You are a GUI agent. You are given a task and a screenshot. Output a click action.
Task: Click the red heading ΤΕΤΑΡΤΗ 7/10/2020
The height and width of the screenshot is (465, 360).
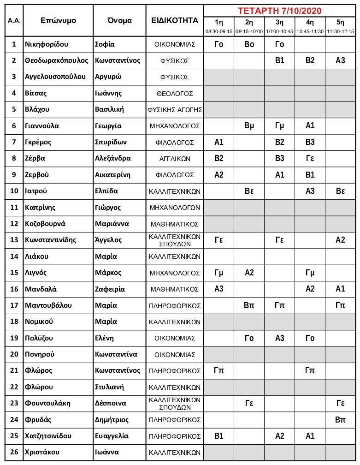(279, 11)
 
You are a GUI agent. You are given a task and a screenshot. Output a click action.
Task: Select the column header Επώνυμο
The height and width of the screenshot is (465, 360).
(58, 20)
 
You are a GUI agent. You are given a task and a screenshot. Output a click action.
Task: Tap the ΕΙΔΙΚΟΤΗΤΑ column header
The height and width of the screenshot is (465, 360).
(175, 20)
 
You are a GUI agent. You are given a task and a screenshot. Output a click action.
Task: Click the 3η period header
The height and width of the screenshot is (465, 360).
(279, 22)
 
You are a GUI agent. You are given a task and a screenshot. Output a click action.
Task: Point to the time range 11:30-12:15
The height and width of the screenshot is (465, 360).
(340, 31)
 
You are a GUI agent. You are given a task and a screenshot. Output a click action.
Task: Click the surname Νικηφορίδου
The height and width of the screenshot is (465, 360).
(47, 44)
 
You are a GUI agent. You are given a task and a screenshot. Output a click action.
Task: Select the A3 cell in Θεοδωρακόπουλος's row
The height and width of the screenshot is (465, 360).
(340, 60)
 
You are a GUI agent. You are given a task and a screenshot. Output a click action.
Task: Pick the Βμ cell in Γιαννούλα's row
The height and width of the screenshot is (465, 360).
(249, 125)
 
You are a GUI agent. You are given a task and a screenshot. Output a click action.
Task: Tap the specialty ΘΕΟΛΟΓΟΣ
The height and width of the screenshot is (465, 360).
(175, 93)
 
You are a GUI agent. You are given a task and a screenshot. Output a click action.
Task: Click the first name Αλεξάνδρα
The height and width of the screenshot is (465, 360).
(113, 158)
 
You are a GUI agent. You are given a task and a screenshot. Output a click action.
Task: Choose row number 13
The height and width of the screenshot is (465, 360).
(14, 239)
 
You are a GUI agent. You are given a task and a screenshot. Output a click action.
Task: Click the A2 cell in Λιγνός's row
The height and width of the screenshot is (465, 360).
(249, 272)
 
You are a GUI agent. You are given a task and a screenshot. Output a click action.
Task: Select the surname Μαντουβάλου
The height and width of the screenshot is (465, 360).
(48, 305)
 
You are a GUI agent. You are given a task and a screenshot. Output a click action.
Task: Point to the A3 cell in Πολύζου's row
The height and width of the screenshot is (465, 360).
(279, 338)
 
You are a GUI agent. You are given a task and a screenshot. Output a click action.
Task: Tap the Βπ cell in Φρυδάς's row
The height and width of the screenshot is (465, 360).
(340, 419)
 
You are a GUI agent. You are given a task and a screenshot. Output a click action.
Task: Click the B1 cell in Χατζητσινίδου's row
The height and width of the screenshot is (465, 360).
(219, 436)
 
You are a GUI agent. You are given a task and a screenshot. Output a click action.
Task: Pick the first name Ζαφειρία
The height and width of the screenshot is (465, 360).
(111, 289)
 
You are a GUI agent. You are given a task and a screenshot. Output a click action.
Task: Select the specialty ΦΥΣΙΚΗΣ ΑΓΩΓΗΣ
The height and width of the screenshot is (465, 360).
(175, 110)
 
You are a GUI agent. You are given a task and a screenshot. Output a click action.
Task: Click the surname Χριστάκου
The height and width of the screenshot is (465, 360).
(42, 452)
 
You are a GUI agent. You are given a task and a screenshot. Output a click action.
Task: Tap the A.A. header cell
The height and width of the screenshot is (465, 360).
(14, 20)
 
